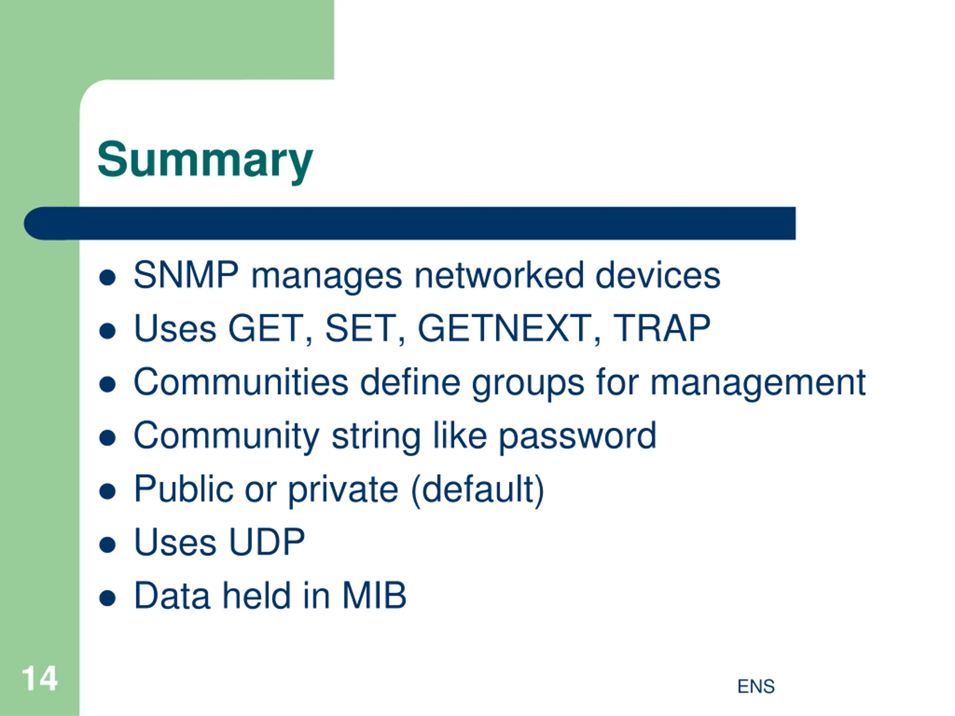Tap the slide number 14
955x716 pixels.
click(x=39, y=678)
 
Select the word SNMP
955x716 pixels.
click(x=186, y=275)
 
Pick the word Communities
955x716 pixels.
click(x=241, y=382)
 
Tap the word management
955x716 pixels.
click(x=758, y=384)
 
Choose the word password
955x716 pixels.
click(x=577, y=437)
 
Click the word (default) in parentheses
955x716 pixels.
click(x=477, y=490)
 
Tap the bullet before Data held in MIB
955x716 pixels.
click(x=107, y=598)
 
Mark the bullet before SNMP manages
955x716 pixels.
click(x=107, y=277)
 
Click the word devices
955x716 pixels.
click(x=658, y=275)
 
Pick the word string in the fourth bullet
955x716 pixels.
click(x=376, y=437)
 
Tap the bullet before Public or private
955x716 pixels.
click(x=107, y=491)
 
